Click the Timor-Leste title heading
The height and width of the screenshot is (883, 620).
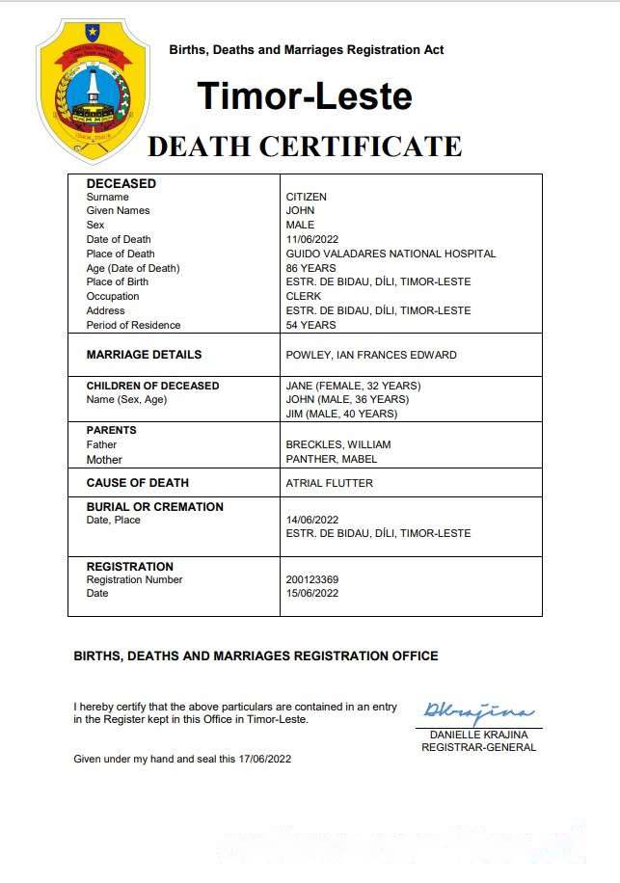(x=305, y=95)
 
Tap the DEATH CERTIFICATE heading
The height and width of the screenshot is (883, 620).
(x=305, y=147)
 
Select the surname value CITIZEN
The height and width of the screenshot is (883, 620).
(x=307, y=197)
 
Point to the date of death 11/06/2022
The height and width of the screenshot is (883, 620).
(x=314, y=239)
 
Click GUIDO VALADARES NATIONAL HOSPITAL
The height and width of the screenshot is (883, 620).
(x=391, y=254)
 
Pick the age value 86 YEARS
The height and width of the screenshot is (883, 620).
(x=310, y=268)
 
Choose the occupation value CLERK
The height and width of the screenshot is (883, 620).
(x=304, y=296)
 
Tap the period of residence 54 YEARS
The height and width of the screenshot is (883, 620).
(x=310, y=325)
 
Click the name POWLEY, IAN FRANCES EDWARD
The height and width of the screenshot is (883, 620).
(x=371, y=355)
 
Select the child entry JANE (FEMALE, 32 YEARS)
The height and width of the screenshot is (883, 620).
(x=353, y=386)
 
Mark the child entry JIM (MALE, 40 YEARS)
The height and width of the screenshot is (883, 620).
(x=342, y=414)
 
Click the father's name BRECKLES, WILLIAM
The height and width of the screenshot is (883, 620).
(x=338, y=444)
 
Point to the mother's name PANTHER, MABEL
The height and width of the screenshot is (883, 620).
(x=331, y=459)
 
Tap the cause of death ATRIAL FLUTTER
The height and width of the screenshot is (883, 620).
(x=329, y=483)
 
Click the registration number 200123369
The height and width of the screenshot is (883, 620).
(x=312, y=579)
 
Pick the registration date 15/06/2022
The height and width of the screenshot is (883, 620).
(x=312, y=593)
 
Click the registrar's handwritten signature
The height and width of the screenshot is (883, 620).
(x=477, y=713)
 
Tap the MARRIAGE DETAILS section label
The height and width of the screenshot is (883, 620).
(x=144, y=355)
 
